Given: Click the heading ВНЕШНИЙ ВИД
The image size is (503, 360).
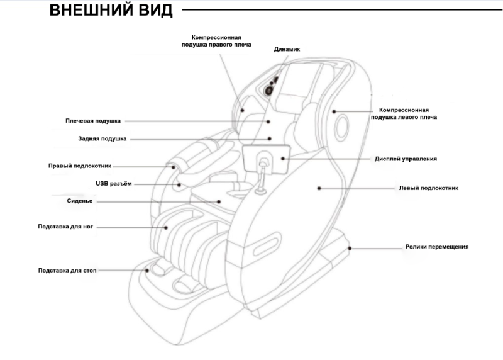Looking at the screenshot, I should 111,12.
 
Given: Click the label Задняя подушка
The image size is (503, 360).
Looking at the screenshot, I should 98,138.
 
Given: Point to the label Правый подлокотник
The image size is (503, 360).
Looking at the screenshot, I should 80,166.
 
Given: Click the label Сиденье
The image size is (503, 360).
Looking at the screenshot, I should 80,201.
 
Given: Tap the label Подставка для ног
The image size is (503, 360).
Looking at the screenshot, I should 65,225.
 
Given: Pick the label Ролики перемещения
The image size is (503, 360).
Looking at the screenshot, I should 437,247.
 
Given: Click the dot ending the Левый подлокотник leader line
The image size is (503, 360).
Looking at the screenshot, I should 319,188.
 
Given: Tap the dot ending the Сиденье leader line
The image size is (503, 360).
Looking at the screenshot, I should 219,201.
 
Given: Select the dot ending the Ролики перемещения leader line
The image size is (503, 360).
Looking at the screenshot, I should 351,248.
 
